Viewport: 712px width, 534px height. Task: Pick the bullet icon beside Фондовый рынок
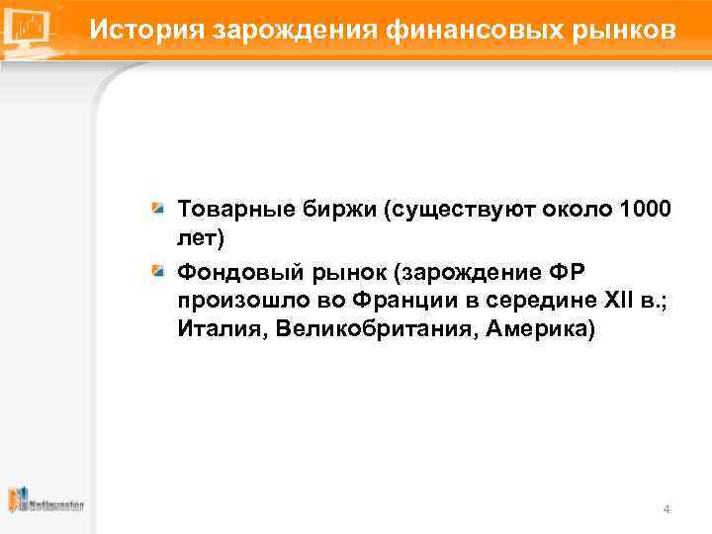tap(157, 270)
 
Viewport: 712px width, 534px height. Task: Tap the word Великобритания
tap(371, 327)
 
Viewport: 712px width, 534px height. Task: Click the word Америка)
tap(538, 327)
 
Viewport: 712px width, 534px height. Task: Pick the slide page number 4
tap(667, 509)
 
